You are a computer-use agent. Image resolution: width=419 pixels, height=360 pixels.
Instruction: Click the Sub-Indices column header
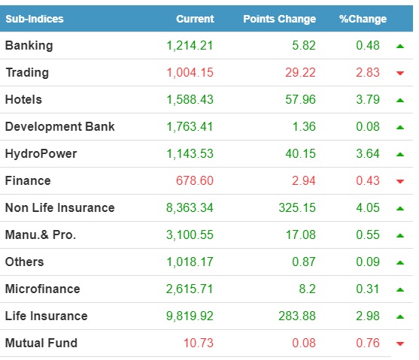[35, 19]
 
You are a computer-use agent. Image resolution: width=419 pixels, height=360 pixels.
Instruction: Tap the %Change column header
[363, 19]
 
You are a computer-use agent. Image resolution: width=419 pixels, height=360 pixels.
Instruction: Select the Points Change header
[280, 19]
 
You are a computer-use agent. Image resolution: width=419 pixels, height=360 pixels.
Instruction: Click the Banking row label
[29, 46]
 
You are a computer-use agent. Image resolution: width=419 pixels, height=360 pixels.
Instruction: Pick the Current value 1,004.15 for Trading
[190, 73]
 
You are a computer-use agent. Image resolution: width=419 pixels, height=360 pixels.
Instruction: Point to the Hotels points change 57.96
[300, 100]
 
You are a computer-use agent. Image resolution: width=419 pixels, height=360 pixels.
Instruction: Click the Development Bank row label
[60, 126]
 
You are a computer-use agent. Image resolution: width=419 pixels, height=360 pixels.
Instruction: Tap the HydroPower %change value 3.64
[368, 154]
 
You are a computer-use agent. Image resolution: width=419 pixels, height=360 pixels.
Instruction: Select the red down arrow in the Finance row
[400, 181]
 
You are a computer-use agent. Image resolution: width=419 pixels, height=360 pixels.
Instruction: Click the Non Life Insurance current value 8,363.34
[190, 207]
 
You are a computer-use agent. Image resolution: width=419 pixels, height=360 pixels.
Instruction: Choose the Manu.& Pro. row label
[41, 234]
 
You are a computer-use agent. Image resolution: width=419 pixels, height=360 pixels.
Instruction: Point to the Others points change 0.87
[304, 262]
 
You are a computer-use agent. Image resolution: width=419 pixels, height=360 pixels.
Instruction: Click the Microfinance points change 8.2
[308, 289]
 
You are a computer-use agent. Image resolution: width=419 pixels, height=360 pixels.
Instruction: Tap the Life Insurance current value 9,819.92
[190, 316]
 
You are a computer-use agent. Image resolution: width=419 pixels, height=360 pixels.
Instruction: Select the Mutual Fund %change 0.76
[368, 343]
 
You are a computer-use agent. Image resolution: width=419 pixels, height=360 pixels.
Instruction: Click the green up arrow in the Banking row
[400, 46]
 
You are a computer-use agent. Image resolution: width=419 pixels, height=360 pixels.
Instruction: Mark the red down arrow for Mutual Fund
[400, 343]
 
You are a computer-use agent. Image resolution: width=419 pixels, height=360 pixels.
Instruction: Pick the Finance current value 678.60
[195, 181]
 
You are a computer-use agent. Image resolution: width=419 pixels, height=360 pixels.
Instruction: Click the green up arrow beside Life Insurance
[400, 316]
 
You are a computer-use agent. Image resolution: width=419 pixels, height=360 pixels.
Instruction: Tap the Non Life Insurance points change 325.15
[297, 207]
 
